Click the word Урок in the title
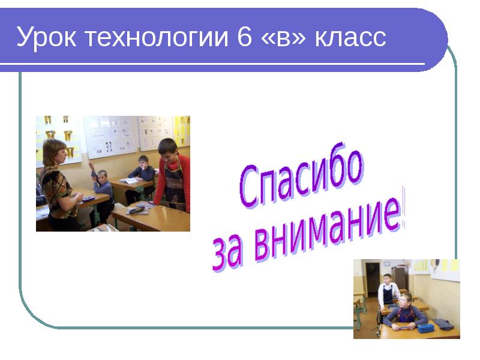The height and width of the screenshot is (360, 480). coord(47,38)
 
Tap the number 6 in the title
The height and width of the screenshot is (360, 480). coord(244,38)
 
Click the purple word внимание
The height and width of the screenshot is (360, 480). coord(327,230)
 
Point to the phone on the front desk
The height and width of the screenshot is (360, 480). coord(136,209)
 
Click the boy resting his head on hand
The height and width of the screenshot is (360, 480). coord(142,167)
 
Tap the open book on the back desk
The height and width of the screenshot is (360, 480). coord(128,180)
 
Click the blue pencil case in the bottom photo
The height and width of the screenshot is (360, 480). coord(425,328)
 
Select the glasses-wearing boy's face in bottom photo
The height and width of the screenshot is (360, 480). coord(406,299)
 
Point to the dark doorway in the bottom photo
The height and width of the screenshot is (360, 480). coord(373,278)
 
